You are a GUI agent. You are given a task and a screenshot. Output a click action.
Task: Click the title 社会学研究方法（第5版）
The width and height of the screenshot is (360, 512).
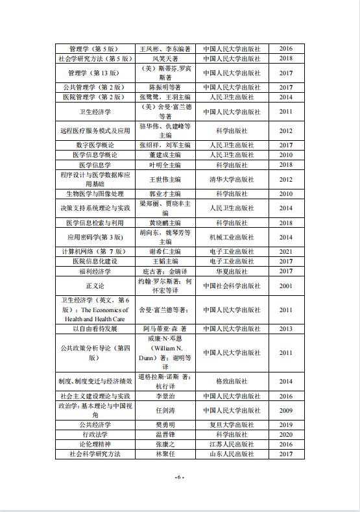pos(95,58)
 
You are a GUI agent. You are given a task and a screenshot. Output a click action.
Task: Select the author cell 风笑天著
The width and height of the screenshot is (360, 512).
pos(165,58)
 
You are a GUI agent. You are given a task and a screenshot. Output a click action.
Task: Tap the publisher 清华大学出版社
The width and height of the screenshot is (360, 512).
pos(232,179)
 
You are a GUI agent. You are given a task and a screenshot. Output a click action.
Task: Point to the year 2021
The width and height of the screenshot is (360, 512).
pos(286,251)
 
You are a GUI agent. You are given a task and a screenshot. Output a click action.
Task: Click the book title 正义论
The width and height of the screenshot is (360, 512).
pos(95,286)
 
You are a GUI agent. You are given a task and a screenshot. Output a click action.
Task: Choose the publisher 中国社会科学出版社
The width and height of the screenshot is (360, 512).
pos(232,286)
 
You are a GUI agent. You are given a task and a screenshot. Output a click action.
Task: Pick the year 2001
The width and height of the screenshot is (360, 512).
pos(286,286)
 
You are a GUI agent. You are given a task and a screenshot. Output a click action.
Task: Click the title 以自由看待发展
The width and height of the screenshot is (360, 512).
pos(95,329)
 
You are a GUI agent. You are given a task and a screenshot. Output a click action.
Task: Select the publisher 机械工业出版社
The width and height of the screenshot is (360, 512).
pos(232,237)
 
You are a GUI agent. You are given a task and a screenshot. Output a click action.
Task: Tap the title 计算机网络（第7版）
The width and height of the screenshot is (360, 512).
pos(95,251)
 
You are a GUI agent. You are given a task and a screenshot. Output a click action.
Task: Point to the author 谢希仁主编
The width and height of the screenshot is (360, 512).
pos(165,251)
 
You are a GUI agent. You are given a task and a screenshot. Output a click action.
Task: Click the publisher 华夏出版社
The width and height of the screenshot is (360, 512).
pos(232,271)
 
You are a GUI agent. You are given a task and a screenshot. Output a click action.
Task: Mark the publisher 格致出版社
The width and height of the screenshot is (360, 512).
pos(232,381)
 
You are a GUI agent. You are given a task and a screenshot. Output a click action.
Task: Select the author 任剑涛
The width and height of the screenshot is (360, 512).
pos(165,410)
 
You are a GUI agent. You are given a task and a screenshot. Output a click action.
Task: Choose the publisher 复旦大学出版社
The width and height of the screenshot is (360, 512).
pos(232,424)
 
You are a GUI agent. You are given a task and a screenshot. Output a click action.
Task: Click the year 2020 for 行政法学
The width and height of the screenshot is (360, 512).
pos(286,434)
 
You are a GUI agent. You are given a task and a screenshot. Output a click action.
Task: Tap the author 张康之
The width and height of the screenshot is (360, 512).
pos(165,445)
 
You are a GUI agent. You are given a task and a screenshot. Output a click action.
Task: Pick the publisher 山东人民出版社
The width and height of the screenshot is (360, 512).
pos(232,454)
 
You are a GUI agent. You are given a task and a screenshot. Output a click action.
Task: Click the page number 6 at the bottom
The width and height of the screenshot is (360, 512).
pos(180,478)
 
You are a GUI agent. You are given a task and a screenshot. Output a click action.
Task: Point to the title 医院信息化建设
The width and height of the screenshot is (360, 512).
pos(95,261)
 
